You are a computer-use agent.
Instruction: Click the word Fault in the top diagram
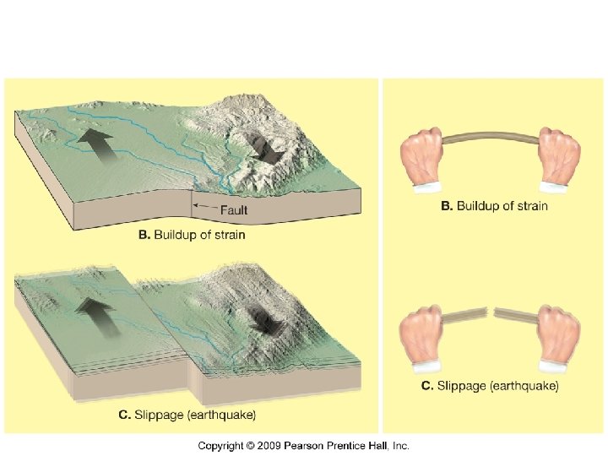pyautogui.click(x=234, y=209)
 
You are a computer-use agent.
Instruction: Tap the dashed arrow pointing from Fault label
pyautogui.click(x=204, y=204)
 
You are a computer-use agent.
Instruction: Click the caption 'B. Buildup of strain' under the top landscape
pyautogui.click(x=192, y=235)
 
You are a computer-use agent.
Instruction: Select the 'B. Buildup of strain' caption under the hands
pyautogui.click(x=494, y=205)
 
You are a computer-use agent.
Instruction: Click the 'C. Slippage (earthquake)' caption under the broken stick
pyautogui.click(x=490, y=386)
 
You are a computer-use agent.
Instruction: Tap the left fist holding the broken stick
pyautogui.click(x=425, y=336)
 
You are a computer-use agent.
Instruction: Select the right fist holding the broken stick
pyautogui.click(x=556, y=336)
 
